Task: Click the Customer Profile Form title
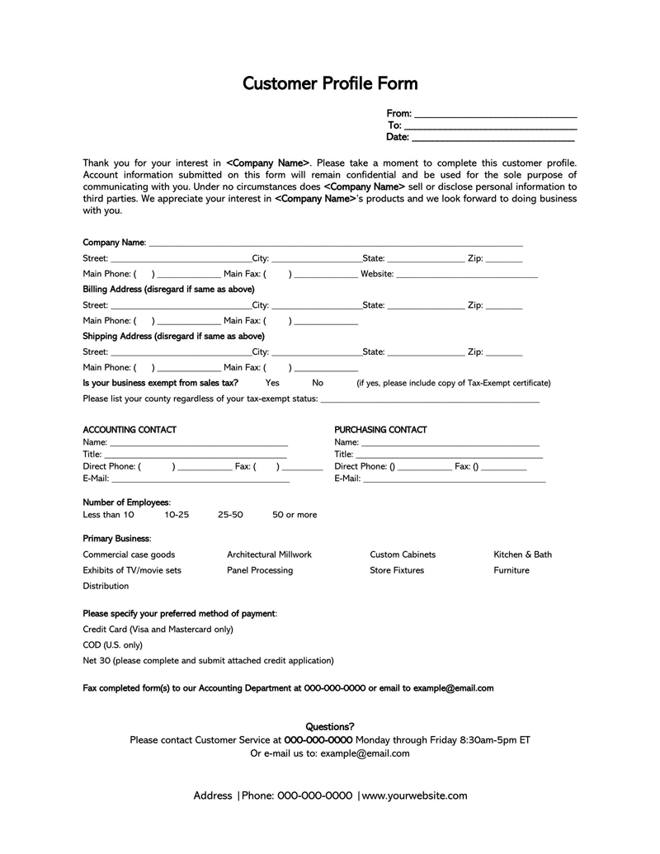pyautogui.click(x=330, y=83)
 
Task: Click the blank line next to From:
pyautogui.click(x=495, y=114)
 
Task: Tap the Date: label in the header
pyautogui.click(x=398, y=137)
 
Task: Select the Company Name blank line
pyautogui.click(x=335, y=243)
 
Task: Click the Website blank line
pyautogui.click(x=467, y=274)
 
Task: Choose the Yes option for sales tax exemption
pyautogui.click(x=272, y=383)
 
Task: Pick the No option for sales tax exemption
pyautogui.click(x=318, y=383)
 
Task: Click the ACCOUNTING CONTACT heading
pyautogui.click(x=130, y=430)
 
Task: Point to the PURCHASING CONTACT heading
pyautogui.click(x=380, y=430)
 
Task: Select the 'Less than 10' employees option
pyautogui.click(x=108, y=515)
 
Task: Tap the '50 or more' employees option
pyautogui.click(x=295, y=515)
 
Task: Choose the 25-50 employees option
pyautogui.click(x=230, y=515)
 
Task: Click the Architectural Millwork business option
pyautogui.click(x=269, y=554)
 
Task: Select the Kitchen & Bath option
pyautogui.click(x=522, y=554)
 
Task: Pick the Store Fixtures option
pyautogui.click(x=397, y=570)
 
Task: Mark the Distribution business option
pyautogui.click(x=106, y=586)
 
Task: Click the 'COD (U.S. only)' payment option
pyautogui.click(x=112, y=644)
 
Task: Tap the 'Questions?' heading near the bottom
pyautogui.click(x=330, y=727)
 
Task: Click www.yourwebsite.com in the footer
pyautogui.click(x=414, y=796)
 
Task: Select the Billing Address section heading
pyautogui.click(x=168, y=290)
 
